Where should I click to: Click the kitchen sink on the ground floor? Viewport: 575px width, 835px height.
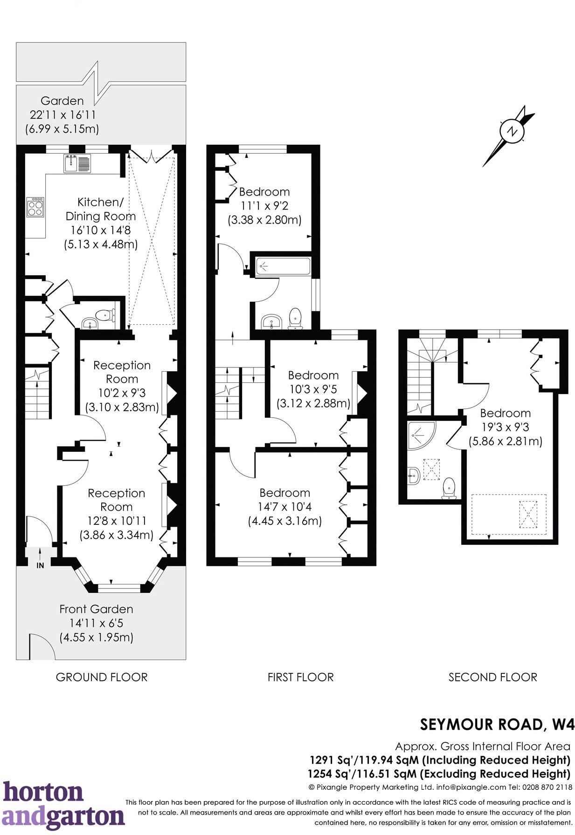pyautogui.click(x=77, y=163)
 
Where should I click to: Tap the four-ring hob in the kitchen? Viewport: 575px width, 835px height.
pyautogui.click(x=36, y=207)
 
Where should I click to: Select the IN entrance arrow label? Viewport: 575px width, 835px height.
pyautogui.click(x=40, y=565)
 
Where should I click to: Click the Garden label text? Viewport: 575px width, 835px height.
pyautogui.click(x=62, y=101)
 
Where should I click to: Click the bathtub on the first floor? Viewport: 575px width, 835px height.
pyautogui.click(x=283, y=266)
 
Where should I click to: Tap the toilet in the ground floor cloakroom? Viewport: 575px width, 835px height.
pyautogui.click(x=107, y=315)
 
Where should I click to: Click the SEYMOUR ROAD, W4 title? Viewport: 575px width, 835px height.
pyautogui.click(x=497, y=724)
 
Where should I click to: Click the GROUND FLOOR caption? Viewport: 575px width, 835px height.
pyautogui.click(x=101, y=677)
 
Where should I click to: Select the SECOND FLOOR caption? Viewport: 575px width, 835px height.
pyautogui.click(x=492, y=677)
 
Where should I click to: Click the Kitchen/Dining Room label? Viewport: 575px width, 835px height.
pyautogui.click(x=100, y=209)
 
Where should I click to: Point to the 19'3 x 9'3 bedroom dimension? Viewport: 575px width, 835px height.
pyautogui.click(x=505, y=427)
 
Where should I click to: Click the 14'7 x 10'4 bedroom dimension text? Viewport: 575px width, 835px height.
pyautogui.click(x=284, y=507)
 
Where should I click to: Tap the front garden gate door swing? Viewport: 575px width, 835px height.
pyautogui.click(x=41, y=646)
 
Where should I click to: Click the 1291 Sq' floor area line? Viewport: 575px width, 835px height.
pyautogui.click(x=440, y=760)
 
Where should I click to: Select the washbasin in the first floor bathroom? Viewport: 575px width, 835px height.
pyautogui.click(x=271, y=321)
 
